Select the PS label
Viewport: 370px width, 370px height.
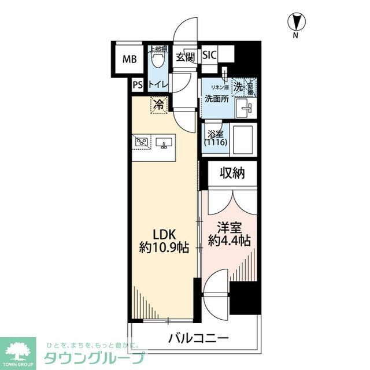(137, 84)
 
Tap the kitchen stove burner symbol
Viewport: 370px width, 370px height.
(142, 141)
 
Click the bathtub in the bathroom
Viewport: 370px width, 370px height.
(242, 139)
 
